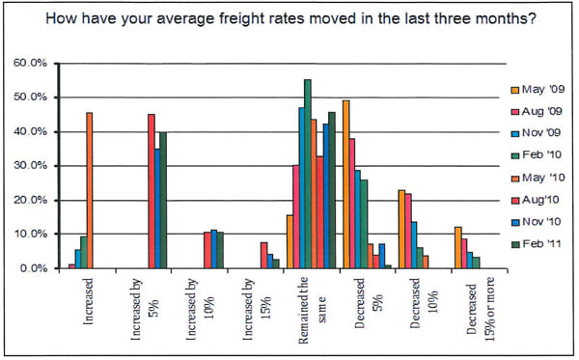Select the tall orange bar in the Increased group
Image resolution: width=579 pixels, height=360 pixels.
pyautogui.click(x=89, y=190)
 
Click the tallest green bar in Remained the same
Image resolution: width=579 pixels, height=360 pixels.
pyautogui.click(x=308, y=174)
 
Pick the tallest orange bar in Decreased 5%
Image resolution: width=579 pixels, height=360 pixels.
pyautogui.click(x=346, y=184)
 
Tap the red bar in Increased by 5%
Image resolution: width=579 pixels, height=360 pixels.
pyautogui.click(x=151, y=191)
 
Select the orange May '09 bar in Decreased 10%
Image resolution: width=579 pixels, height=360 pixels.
pyautogui.click(x=401, y=229)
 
